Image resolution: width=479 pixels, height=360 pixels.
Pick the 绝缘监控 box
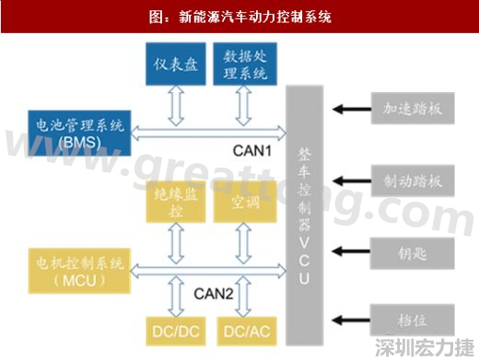tap(176, 203)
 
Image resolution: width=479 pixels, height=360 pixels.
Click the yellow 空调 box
tap(242, 203)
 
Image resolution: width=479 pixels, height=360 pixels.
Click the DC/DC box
tap(175, 327)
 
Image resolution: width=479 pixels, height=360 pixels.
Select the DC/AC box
tap(243, 327)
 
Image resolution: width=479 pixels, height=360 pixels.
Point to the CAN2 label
tap(212, 294)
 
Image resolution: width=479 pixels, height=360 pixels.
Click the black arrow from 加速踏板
tap(351, 110)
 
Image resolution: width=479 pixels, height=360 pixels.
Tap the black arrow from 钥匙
tap(351, 250)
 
